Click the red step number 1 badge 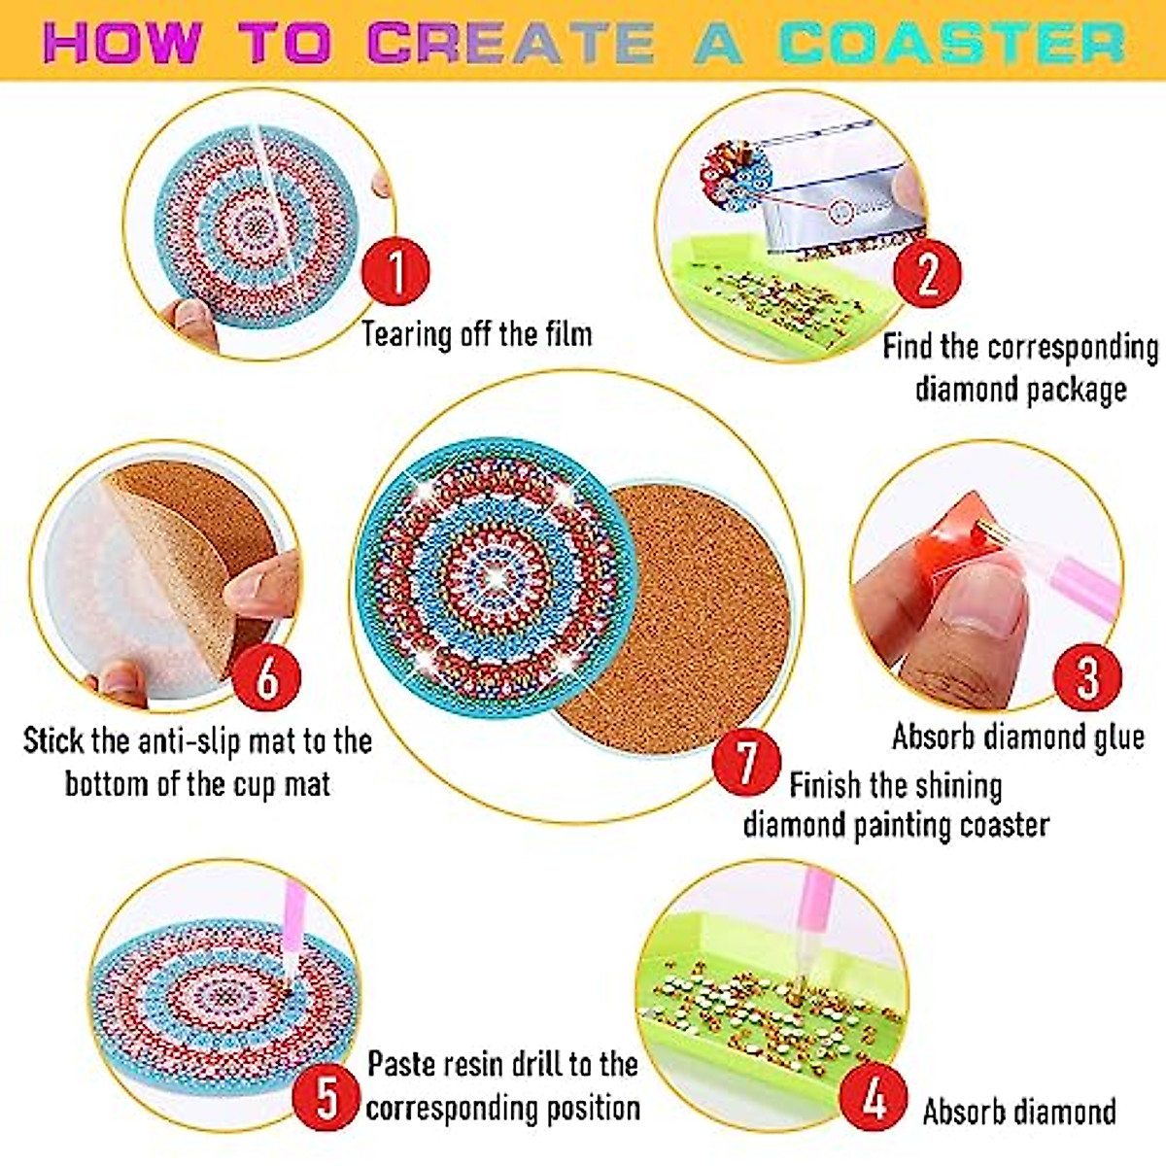(395, 271)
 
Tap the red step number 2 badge (927, 273)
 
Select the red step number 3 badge (1087, 676)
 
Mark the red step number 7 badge (745, 761)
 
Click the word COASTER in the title (952, 43)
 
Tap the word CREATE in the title (512, 43)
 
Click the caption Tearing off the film (476, 334)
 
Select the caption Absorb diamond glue (1017, 737)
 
